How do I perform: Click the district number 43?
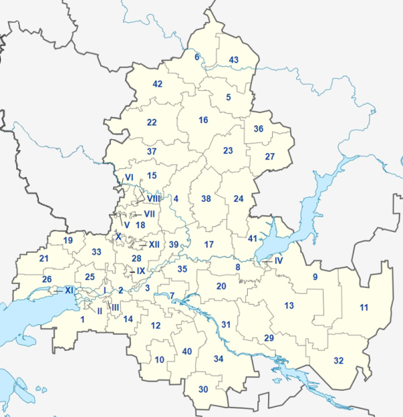pyautogui.click(x=234, y=61)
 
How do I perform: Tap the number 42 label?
pyautogui.click(x=158, y=84)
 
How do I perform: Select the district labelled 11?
pyautogui.click(x=363, y=307)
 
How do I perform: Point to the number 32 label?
pyautogui.click(x=339, y=361)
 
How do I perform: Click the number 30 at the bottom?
pyautogui.click(x=204, y=389)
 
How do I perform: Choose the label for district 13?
pyautogui.click(x=289, y=306)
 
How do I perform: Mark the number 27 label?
pyautogui.click(x=270, y=157)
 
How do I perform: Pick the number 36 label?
pyautogui.click(x=259, y=129)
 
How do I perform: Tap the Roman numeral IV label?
pyautogui.click(x=279, y=260)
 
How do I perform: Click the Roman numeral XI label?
pyautogui.click(x=69, y=291)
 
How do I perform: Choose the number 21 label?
pyautogui.click(x=44, y=258)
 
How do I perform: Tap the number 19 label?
pyautogui.click(x=68, y=241)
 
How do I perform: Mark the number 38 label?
pyautogui.click(x=206, y=198)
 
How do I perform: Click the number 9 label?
pyautogui.click(x=314, y=276)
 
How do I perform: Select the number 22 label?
pyautogui.click(x=152, y=122)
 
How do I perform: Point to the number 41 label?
pyautogui.click(x=253, y=239)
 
